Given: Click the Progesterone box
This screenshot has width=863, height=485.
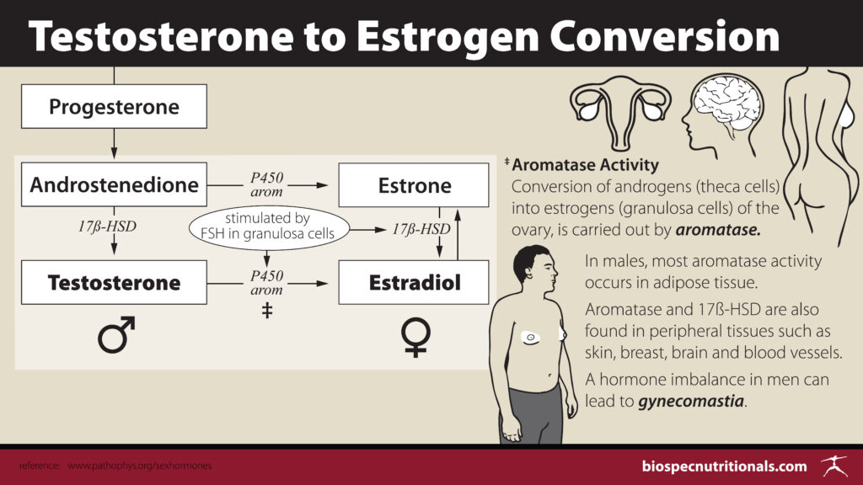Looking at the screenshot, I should click(114, 107).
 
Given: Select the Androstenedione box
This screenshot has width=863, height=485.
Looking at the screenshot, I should click(114, 184).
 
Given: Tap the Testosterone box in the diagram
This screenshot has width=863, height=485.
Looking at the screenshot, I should click(114, 282).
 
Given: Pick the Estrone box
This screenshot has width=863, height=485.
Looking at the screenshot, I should click(414, 184).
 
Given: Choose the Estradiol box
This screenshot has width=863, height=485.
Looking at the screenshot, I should click(414, 282).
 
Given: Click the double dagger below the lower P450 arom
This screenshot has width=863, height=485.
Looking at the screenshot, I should click(266, 309).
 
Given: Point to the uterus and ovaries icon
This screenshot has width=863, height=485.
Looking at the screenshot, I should click(621, 110).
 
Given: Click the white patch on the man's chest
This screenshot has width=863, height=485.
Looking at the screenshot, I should click(532, 338).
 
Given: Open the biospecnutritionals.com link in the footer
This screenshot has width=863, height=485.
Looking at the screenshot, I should click(725, 466).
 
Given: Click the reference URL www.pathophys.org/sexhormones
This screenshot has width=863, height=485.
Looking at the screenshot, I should click(140, 466).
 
